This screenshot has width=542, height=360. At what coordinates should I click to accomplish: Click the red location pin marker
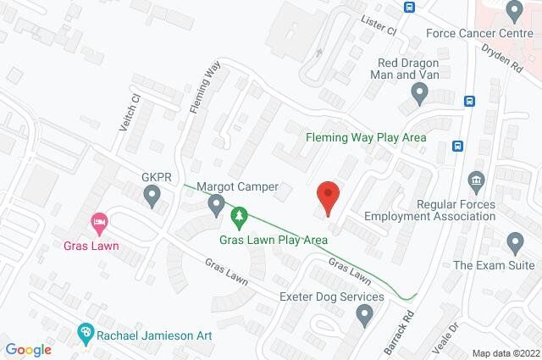click(329, 197)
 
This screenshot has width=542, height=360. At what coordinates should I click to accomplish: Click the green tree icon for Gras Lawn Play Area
click(241, 218)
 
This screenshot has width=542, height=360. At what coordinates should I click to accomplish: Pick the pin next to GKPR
click(152, 198)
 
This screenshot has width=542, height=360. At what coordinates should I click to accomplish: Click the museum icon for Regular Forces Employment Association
click(474, 180)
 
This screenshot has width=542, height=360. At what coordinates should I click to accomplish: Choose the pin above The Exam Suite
click(514, 243)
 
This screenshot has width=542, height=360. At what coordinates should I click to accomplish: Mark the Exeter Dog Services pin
click(365, 317)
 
